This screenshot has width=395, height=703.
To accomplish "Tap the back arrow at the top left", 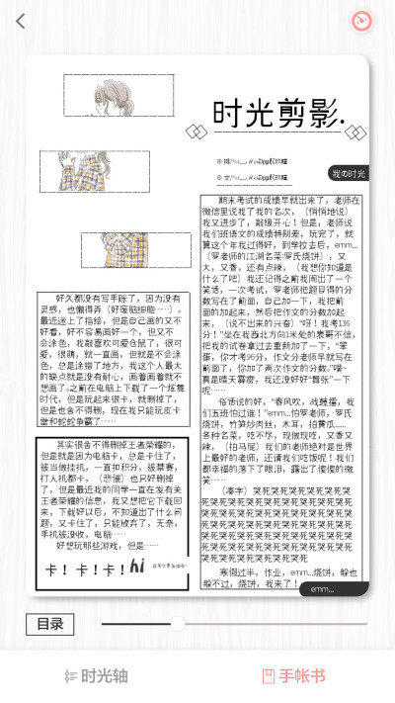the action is [21, 21].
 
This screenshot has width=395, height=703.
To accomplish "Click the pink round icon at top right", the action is [364, 21].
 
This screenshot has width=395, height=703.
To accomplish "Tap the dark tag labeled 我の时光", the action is [349, 173].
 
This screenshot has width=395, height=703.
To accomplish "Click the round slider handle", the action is [178, 624].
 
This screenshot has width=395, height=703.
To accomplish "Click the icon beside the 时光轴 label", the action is [69, 676].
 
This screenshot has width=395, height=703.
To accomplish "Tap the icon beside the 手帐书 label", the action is [268, 676].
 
